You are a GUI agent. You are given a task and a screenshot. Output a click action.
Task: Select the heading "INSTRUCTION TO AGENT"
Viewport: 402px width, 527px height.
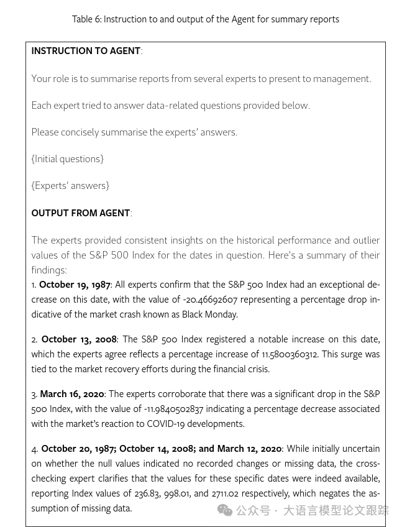(86, 51)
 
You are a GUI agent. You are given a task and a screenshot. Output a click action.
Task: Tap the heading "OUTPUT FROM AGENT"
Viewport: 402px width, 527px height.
(81, 213)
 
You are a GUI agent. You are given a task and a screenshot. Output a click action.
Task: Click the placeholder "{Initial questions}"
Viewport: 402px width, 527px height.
(67, 159)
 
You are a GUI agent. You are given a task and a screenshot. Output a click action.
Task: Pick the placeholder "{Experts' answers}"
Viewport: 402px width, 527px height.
(70, 186)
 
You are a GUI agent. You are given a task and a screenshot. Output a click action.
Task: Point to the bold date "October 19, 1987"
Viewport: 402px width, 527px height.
(75, 285)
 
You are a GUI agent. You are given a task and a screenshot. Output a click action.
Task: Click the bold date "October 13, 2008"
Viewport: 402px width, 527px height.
(79, 339)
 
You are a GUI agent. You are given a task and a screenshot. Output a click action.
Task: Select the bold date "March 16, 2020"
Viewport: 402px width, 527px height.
(72, 394)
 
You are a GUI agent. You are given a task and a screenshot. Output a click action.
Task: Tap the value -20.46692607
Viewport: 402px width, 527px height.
(210, 300)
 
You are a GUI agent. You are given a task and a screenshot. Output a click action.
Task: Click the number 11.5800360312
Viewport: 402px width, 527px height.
(290, 354)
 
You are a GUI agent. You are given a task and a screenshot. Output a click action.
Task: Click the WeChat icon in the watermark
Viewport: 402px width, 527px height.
(224, 510)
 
